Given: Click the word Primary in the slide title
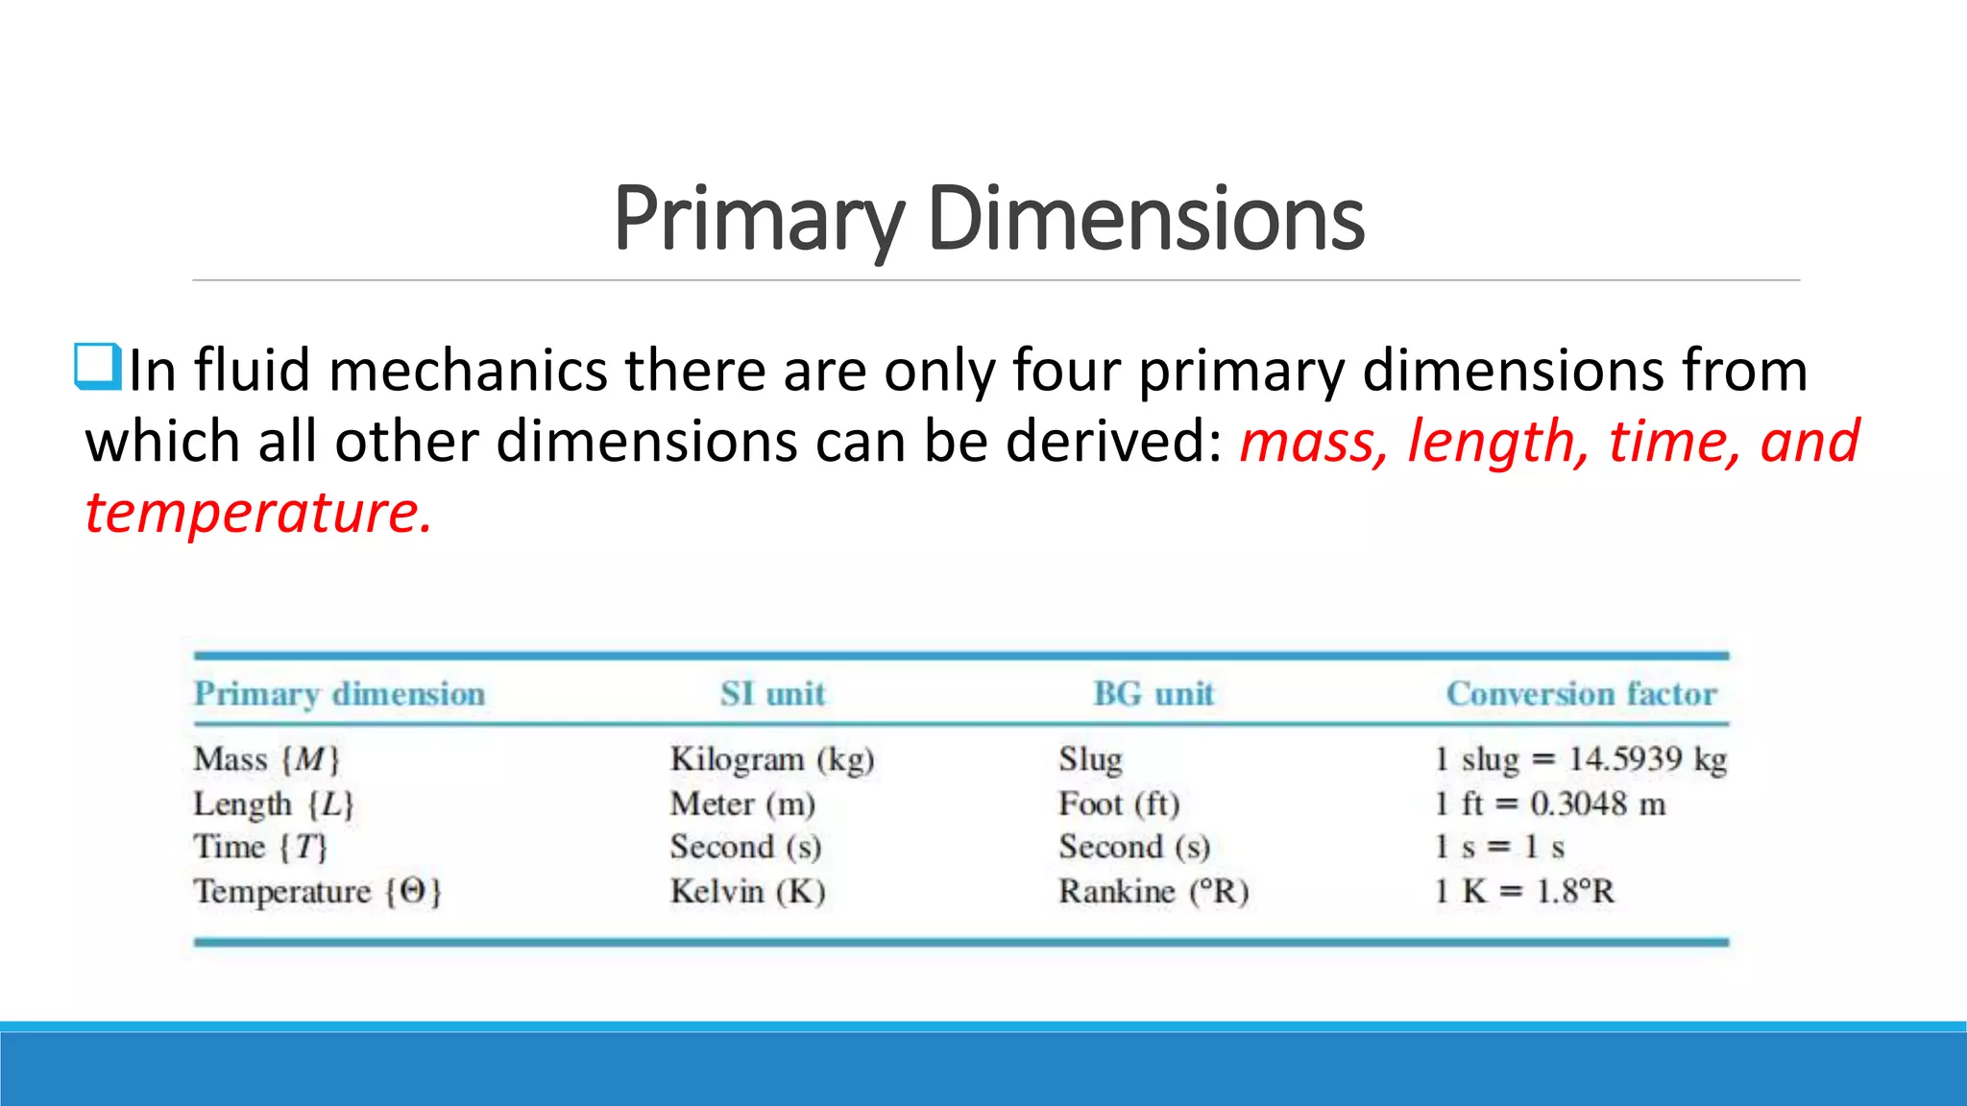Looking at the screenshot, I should [x=758, y=221].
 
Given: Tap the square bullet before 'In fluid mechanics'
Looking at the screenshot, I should [x=98, y=368].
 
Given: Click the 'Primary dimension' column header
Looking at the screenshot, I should [x=339, y=694].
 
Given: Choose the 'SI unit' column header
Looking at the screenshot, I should [x=773, y=694].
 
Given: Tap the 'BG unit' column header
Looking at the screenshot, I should [x=1153, y=694].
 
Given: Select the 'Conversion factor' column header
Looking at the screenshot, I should [x=1581, y=694].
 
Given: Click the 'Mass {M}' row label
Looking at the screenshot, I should [x=267, y=759].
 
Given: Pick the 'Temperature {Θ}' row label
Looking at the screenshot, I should [x=318, y=892].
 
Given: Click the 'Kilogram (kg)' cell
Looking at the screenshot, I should [x=772, y=759].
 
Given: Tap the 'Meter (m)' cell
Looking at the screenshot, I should [x=742, y=804].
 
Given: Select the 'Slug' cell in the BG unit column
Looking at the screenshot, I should [x=1090, y=759].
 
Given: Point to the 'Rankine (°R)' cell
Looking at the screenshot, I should [x=1153, y=892].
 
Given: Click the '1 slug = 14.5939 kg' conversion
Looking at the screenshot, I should [x=1580, y=759].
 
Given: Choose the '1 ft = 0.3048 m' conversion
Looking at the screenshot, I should [x=1550, y=804].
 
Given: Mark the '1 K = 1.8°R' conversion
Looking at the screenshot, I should [x=1524, y=892].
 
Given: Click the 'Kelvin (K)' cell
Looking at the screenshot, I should [x=747, y=892].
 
